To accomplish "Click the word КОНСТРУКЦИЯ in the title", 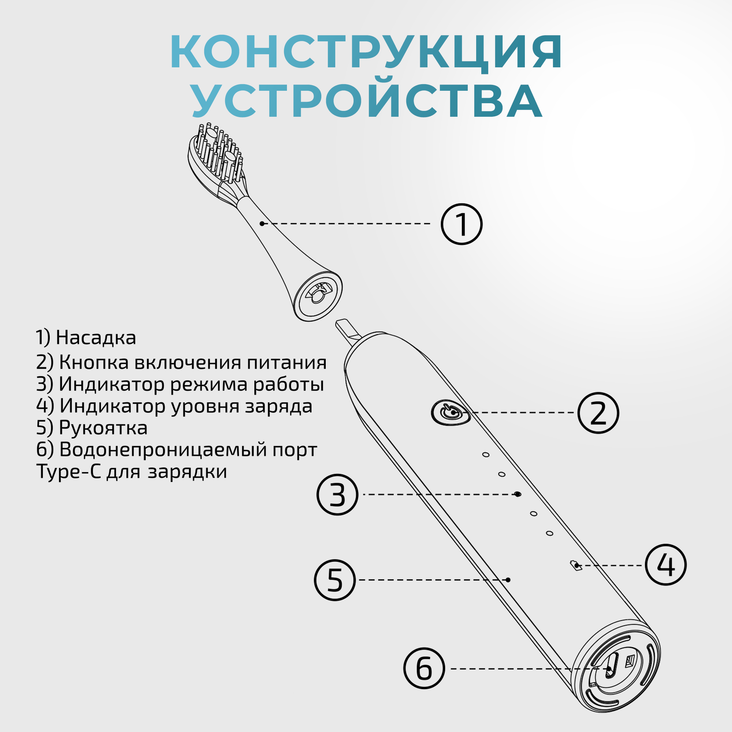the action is pos(366,53).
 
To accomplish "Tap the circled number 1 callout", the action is pos(462,224).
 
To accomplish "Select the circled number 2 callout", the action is pos(598,413).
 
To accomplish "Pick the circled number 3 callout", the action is pos(337,494).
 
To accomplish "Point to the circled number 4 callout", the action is pos(666,565).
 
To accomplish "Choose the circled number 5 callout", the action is pos(335,580).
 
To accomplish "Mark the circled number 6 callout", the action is pos(423,668).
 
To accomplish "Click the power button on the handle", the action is pos(451,412).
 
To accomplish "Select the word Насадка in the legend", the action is pos(96,337).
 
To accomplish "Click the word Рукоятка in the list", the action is pos(103,428).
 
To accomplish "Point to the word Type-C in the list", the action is pos(69,472).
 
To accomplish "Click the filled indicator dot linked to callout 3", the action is pos(518,494).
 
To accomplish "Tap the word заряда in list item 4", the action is pos(279,406).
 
